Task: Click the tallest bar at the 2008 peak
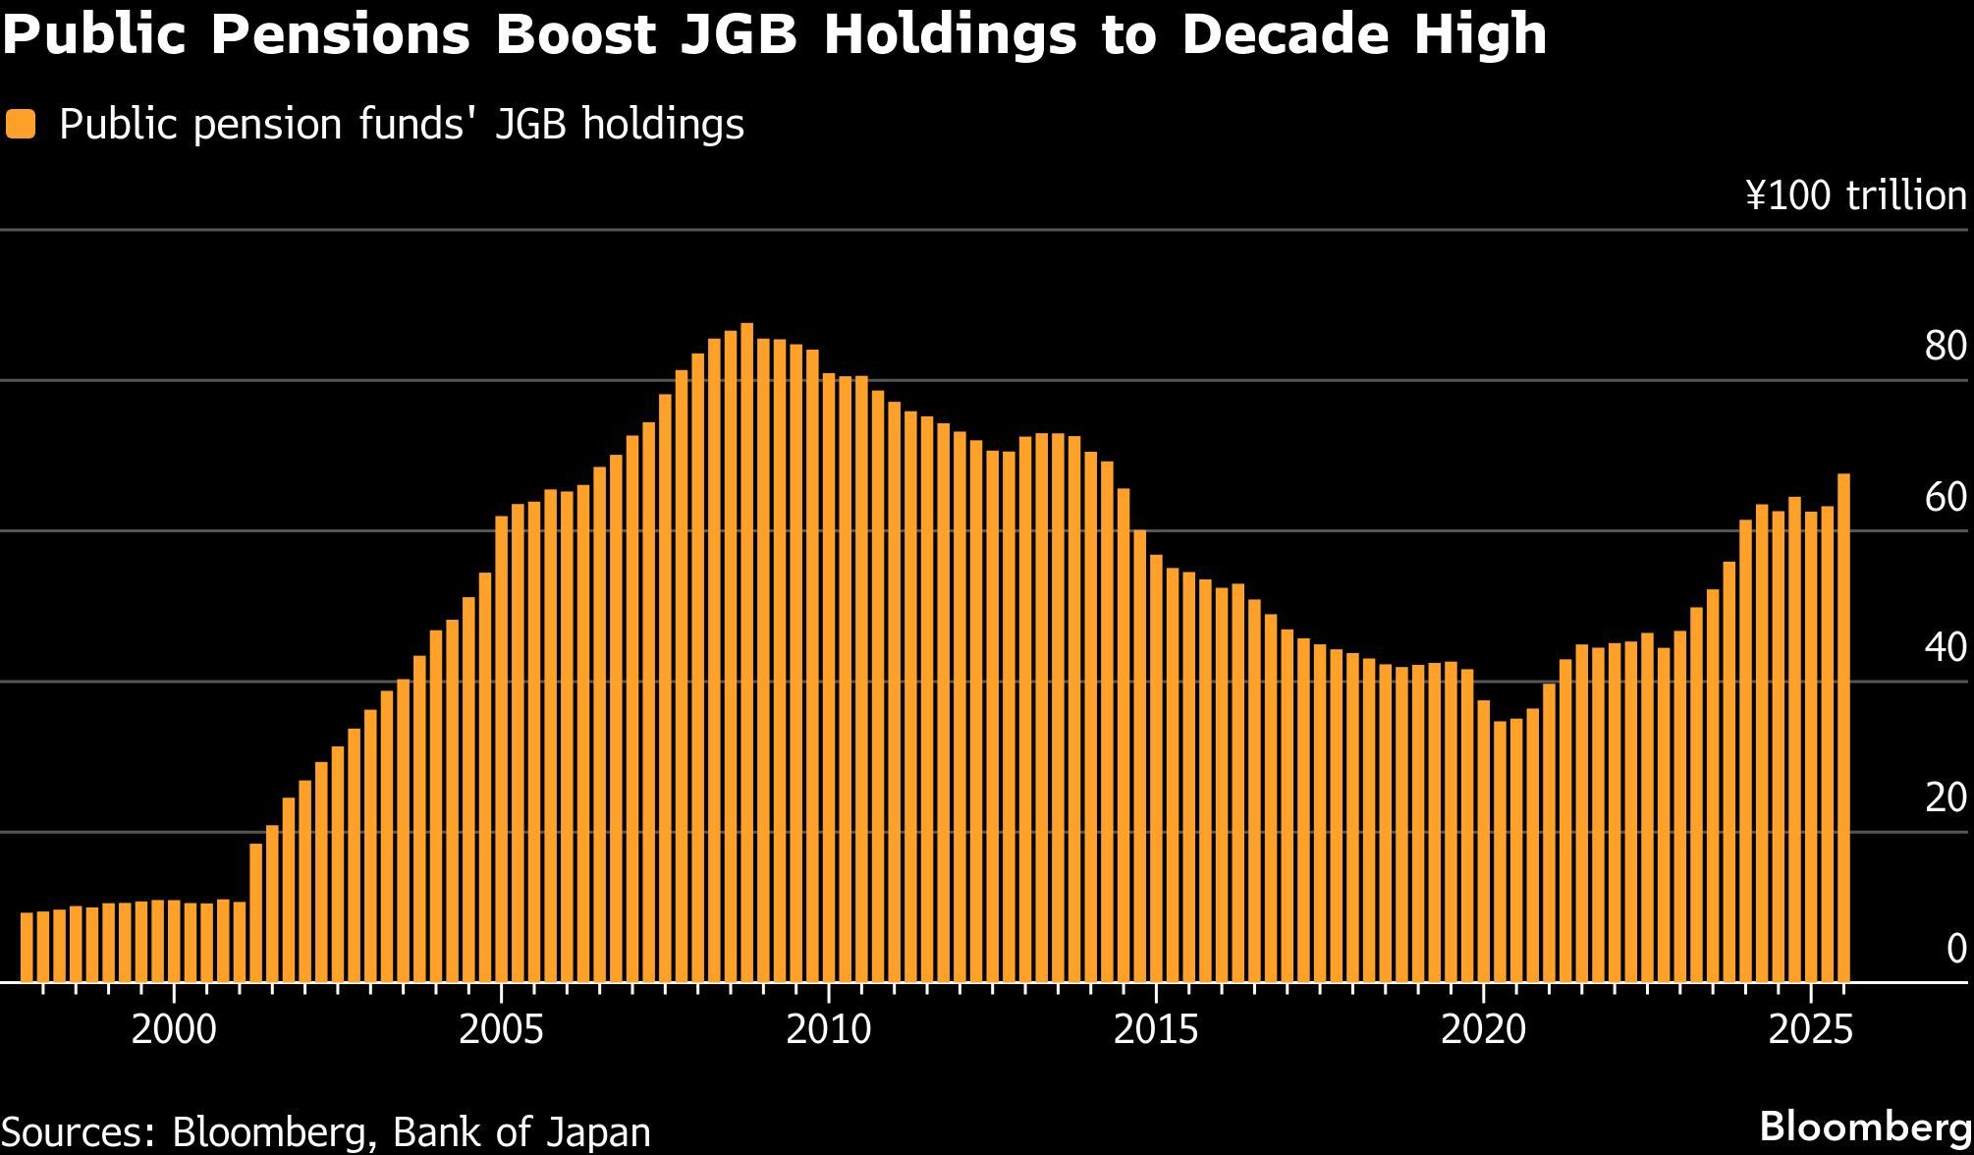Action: tap(746, 652)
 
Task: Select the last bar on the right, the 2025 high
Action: tap(1843, 728)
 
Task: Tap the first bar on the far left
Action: tap(27, 947)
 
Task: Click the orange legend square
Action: tap(21, 125)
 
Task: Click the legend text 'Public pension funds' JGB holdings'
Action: tap(402, 125)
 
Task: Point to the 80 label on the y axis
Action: tap(1945, 347)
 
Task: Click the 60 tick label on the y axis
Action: tap(1945, 498)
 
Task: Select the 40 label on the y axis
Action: tap(1945, 648)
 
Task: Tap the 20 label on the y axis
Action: tap(1945, 798)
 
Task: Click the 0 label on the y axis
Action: tap(1955, 949)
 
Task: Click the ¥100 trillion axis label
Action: tap(1856, 196)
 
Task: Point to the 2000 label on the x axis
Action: tap(174, 1030)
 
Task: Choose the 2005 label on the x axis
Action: tap(501, 1030)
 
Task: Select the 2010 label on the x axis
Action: tap(829, 1030)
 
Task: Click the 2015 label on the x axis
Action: tap(1156, 1030)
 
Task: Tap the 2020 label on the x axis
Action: tap(1484, 1030)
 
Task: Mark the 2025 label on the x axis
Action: tap(1811, 1030)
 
